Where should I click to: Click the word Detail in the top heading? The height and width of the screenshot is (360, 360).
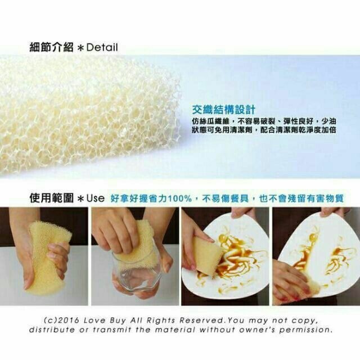click(102, 47)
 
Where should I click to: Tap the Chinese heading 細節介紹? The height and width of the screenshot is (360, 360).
click(52, 47)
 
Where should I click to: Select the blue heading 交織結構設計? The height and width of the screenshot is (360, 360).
click(223, 110)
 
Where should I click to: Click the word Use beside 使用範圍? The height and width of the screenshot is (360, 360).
click(96, 199)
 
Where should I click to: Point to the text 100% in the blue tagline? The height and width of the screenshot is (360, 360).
click(180, 199)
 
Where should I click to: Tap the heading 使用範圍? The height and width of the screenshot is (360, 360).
click(52, 198)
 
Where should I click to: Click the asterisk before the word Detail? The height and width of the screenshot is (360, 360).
click(80, 48)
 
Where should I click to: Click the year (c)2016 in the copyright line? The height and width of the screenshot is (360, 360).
click(61, 320)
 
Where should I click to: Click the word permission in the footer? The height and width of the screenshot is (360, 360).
click(305, 330)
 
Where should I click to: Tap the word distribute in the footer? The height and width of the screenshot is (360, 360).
click(52, 330)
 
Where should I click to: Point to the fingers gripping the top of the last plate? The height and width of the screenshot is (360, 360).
click(331, 212)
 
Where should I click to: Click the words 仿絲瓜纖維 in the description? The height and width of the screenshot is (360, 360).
click(211, 121)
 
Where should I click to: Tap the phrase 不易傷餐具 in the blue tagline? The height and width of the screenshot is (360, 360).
click(226, 199)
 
